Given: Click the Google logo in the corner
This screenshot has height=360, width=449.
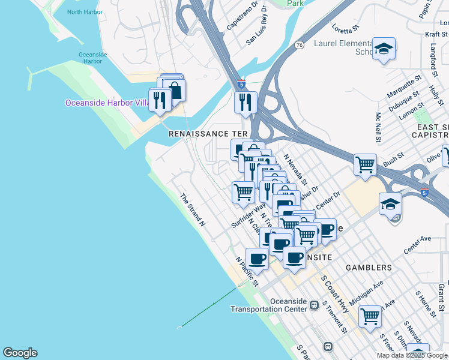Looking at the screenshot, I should click(20, 353).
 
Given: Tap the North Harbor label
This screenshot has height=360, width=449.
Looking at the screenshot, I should click(85, 12).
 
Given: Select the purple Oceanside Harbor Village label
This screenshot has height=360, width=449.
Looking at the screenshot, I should click(107, 103).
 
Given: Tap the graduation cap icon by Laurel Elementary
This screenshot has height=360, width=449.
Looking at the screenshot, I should click(384, 49).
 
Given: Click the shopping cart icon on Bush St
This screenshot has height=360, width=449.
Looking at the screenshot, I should click(365, 164).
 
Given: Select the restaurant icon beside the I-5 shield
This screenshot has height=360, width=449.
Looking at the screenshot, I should click(246, 102).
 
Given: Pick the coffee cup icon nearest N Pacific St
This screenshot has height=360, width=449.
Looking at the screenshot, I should click(257, 259).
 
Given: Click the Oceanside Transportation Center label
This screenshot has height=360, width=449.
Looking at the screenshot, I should click(269, 305).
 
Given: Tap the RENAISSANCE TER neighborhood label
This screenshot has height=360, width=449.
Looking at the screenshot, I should click(208, 133).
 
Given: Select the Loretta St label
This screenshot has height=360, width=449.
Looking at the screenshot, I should click(345, 27).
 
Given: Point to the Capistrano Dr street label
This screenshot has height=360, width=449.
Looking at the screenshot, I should click(242, 16).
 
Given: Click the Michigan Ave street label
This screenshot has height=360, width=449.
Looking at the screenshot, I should click(366, 291).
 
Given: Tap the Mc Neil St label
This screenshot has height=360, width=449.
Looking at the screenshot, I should click(378, 127).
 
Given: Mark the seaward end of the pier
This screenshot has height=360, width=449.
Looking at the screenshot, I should click(179, 328).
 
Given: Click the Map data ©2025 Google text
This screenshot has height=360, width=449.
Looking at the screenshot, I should click(411, 355).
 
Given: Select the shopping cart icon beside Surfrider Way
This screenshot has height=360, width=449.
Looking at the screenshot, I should click(243, 192).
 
